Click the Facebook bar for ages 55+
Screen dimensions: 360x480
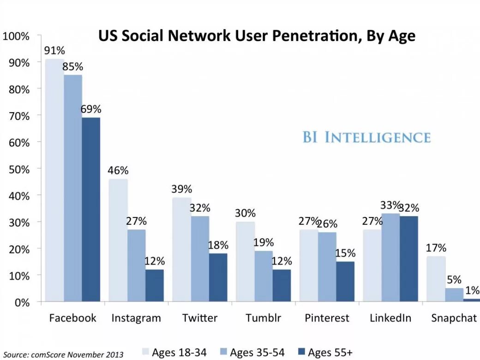click(91, 210)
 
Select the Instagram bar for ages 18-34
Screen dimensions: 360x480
click(118, 240)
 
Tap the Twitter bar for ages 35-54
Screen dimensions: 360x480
click(200, 259)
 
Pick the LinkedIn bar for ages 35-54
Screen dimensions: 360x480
click(391, 258)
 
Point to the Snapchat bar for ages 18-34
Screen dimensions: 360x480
click(436, 279)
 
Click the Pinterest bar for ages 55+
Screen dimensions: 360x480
click(345, 282)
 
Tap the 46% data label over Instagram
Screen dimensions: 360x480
click(118, 170)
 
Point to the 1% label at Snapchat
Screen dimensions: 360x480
click(472, 291)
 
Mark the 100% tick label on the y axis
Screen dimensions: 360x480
click(17, 36)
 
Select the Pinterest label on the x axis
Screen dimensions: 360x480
click(327, 318)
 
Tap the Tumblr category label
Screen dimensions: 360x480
click(263, 318)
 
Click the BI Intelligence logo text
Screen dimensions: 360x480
click(366, 138)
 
